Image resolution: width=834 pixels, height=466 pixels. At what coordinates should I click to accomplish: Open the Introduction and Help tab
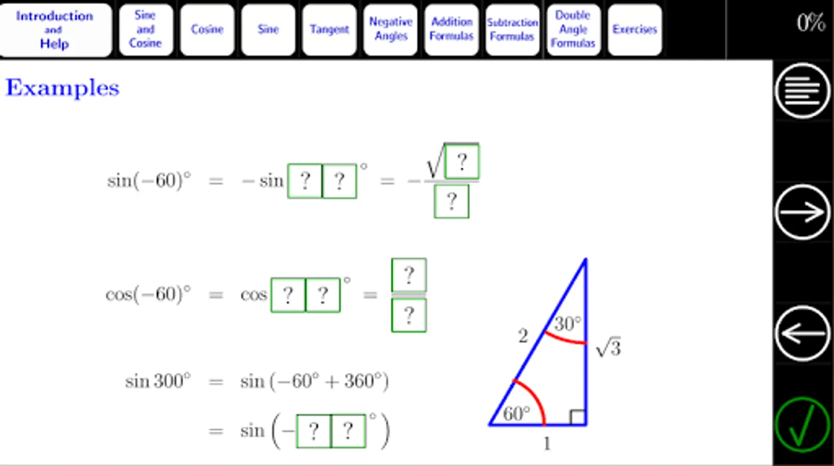[x=55, y=30]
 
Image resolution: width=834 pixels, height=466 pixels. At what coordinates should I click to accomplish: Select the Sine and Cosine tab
[x=146, y=30]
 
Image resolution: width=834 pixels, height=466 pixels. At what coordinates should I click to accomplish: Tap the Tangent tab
[x=329, y=30]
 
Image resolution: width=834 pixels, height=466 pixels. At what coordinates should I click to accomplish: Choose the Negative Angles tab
[x=390, y=30]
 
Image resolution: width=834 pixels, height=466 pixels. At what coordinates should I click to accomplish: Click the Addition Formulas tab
[x=451, y=30]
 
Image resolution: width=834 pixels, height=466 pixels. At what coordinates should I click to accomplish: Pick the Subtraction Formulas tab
[x=513, y=30]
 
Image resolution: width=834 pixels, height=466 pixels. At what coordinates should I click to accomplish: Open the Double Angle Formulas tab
[x=574, y=30]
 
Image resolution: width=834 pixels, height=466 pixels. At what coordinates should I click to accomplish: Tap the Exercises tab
[x=635, y=30]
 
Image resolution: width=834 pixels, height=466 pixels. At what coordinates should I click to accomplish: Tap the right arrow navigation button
[x=803, y=212]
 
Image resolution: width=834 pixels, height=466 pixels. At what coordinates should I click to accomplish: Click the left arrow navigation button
[x=803, y=333]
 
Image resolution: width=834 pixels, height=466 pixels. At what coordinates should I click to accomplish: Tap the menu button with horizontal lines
[x=803, y=91]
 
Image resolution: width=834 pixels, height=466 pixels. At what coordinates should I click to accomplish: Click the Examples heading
[x=62, y=89]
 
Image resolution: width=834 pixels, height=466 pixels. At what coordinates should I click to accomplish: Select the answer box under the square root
[x=462, y=162]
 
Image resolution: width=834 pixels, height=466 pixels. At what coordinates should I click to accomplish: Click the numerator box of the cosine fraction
[x=409, y=275]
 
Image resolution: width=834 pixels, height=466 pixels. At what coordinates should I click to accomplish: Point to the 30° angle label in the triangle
[x=567, y=324]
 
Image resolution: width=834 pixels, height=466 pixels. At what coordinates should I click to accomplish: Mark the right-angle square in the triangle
[x=578, y=417]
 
